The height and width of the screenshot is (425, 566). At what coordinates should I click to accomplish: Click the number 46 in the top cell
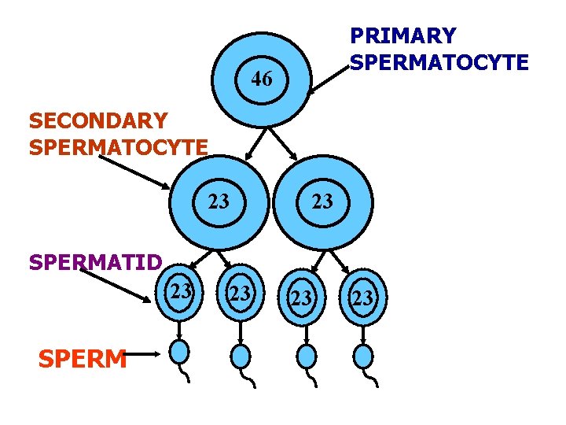pyautogui.click(x=262, y=79)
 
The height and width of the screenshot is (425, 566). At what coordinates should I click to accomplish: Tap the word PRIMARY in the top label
pyautogui.click(x=402, y=36)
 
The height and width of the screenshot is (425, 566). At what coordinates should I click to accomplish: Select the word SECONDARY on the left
pyautogui.click(x=97, y=121)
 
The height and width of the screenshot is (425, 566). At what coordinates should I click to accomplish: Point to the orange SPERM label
pyautogui.click(x=82, y=359)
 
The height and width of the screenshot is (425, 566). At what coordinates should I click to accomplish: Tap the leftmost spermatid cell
pyautogui.click(x=182, y=292)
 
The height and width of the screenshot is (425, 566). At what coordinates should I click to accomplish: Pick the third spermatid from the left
pyautogui.click(x=301, y=297)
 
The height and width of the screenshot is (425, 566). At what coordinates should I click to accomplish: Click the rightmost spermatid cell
pyautogui.click(x=362, y=297)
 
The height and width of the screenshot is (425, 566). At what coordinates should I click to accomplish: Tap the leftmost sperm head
pyautogui.click(x=182, y=352)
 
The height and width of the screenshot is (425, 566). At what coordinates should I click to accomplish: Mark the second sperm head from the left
pyautogui.click(x=241, y=356)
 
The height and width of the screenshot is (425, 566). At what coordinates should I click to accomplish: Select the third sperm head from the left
pyautogui.click(x=306, y=356)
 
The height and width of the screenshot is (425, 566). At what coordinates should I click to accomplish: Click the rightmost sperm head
pyautogui.click(x=362, y=356)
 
